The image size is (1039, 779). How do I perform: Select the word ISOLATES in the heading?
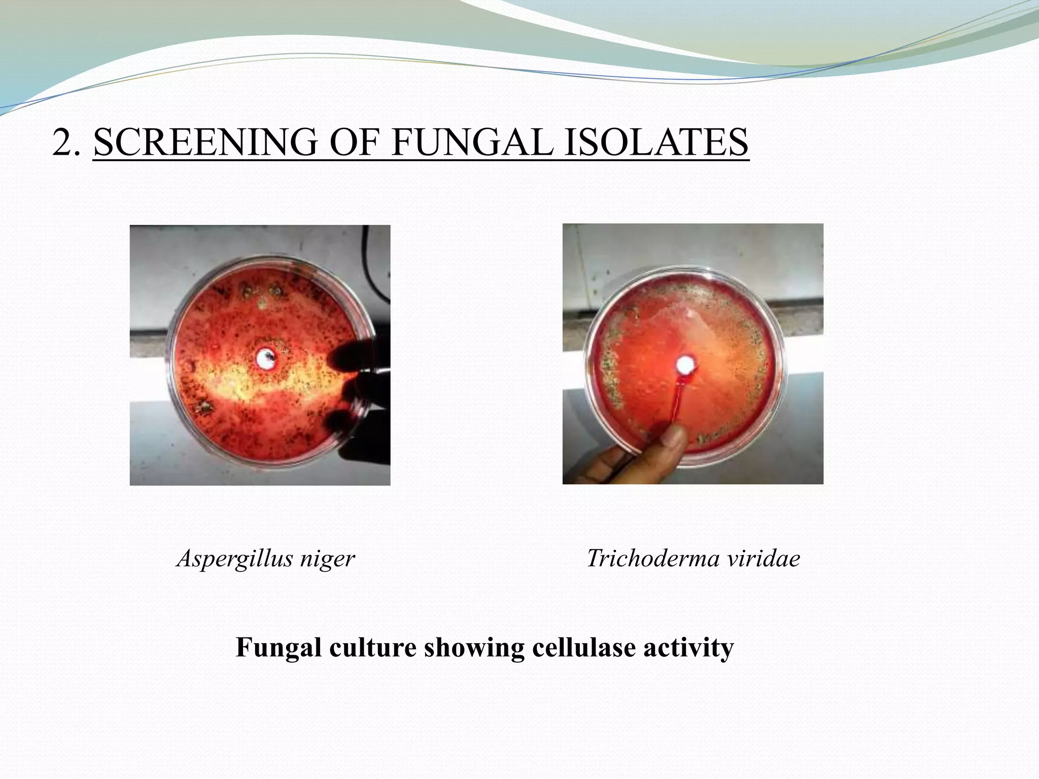tap(656, 143)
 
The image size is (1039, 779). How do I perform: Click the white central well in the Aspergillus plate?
tap(265, 359)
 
